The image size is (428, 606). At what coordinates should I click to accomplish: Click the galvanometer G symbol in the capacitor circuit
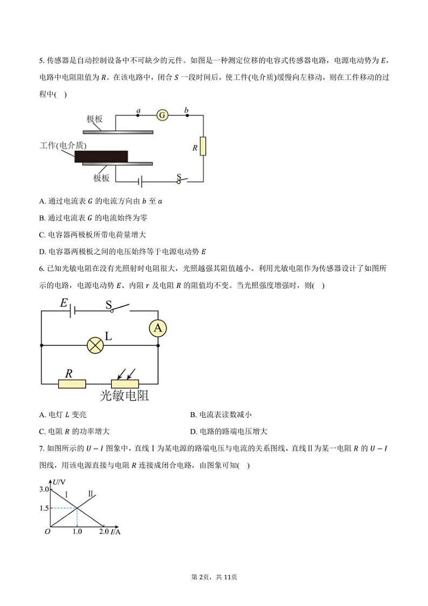coord(162,115)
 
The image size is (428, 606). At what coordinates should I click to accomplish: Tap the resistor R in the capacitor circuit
coord(203,147)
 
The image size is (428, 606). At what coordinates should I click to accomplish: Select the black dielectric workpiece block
coord(101,156)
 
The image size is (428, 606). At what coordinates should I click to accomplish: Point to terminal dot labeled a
coord(139,115)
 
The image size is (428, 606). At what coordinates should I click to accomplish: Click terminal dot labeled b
coord(187,115)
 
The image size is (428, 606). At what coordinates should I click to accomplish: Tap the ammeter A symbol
coord(157,328)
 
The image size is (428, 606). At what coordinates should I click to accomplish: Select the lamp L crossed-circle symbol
coord(95,345)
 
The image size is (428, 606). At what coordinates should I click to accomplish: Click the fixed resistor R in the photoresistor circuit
coord(72,384)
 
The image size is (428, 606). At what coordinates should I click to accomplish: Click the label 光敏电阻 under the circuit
coord(125,397)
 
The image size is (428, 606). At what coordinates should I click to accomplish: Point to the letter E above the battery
coord(64,304)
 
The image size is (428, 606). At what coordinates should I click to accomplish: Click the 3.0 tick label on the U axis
coord(44,489)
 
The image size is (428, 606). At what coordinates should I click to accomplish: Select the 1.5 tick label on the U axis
coord(44,508)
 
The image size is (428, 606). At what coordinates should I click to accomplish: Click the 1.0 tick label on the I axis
coord(77,532)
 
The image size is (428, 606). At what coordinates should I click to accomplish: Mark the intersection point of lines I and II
coord(78,508)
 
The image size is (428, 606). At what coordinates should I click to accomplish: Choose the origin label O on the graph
coord(47,532)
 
